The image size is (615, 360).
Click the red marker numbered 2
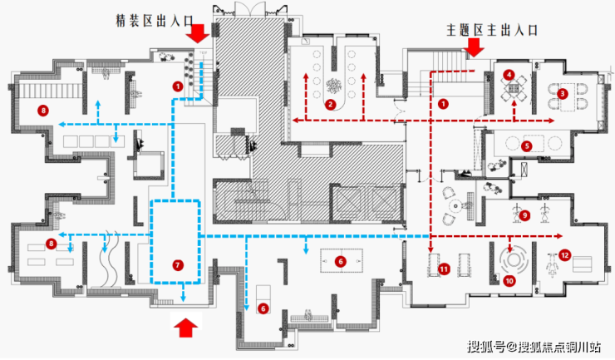tap(330, 105)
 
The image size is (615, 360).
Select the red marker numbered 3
tap(563, 94)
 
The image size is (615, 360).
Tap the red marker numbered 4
tap(508, 75)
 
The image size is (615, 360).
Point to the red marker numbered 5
tap(527, 145)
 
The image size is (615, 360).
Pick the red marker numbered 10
tap(509, 281)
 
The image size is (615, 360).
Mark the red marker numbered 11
tap(444, 269)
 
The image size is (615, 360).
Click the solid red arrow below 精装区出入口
tap(197, 34)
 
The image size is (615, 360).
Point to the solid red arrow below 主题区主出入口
tap(475, 49)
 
